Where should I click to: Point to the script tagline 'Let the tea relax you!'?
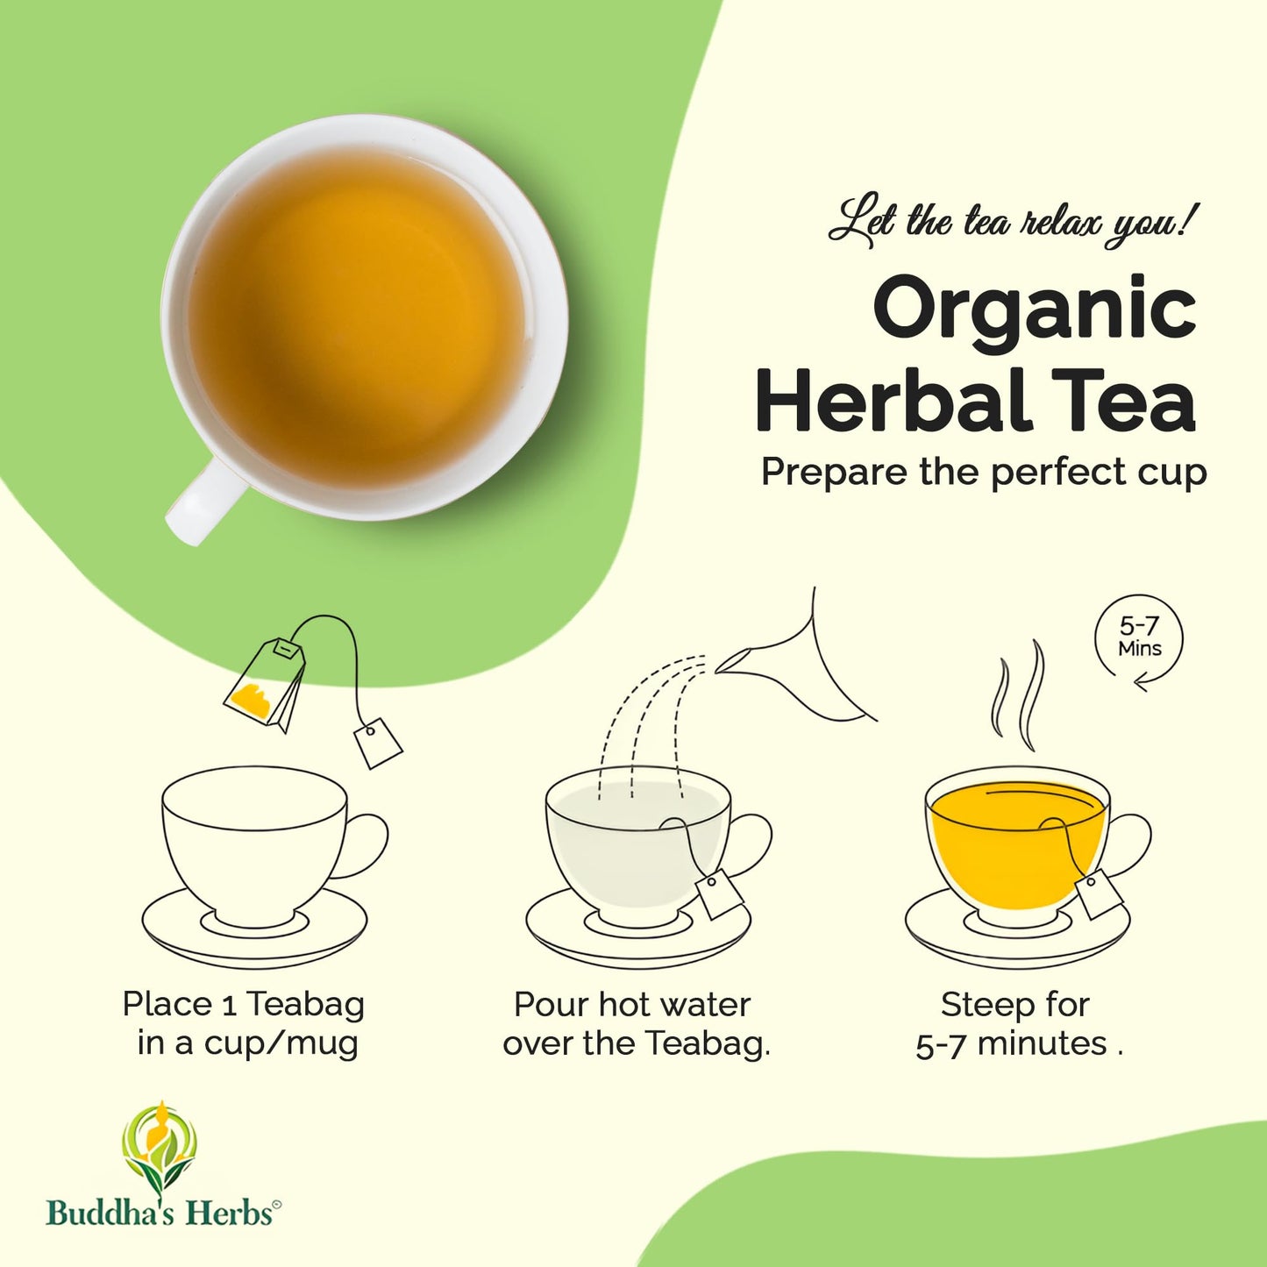coord(1012,221)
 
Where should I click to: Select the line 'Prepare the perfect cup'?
coord(984,472)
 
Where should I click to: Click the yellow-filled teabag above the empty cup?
coord(264,684)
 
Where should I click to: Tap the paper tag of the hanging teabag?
coord(378,743)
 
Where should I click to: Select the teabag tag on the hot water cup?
coord(720,893)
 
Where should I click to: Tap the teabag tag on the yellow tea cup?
coord(1100,893)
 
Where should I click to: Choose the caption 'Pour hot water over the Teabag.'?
coord(635,1023)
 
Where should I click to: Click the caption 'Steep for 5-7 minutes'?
coord(1018,1023)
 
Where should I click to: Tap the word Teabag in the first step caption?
coord(305,1004)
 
